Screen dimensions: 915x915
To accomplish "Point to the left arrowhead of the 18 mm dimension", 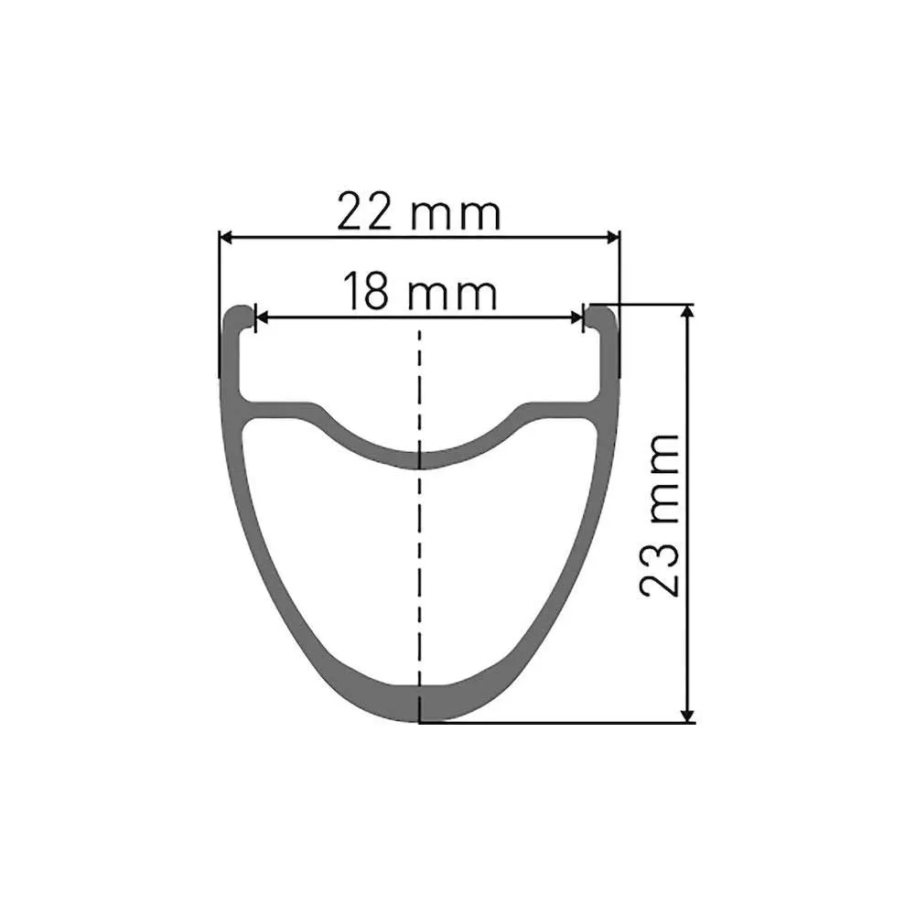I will pos(261,318).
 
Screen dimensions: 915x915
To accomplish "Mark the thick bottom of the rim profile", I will pos(420,703).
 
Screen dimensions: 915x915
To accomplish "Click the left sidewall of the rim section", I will pos(240,512).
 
